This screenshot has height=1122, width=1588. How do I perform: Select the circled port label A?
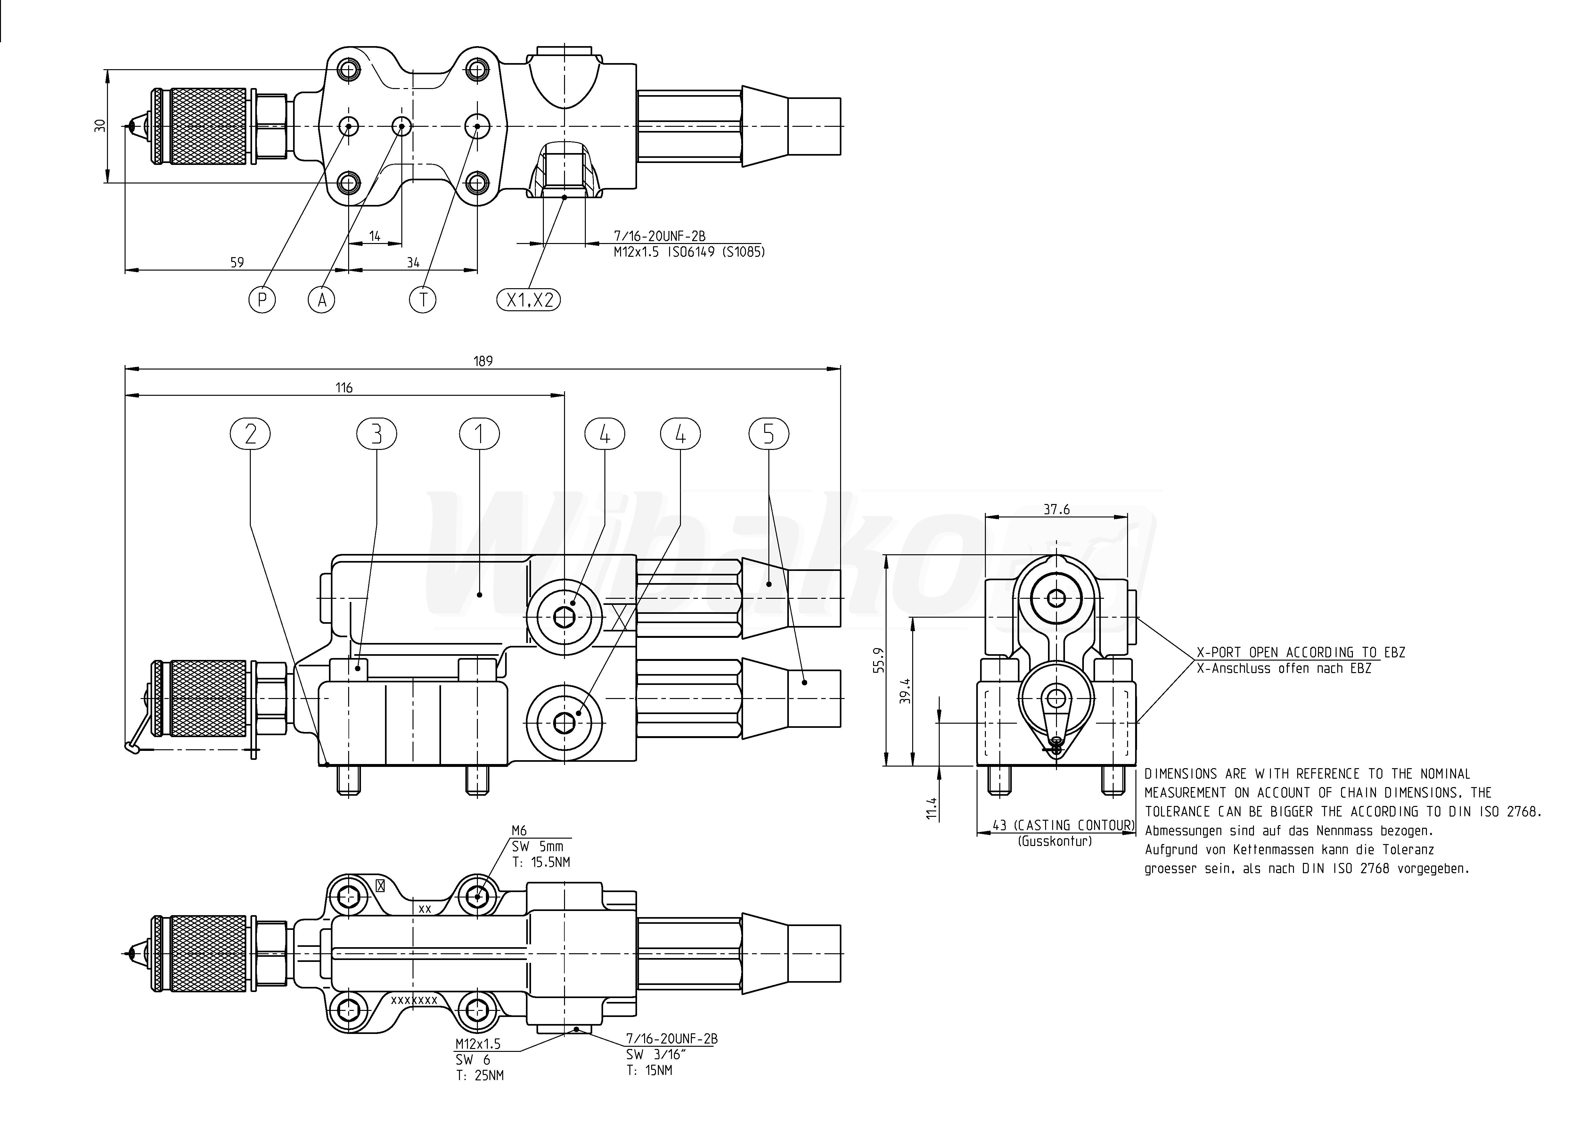(322, 299)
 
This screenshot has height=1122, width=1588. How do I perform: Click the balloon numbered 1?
(479, 434)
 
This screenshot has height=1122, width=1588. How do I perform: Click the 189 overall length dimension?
(483, 361)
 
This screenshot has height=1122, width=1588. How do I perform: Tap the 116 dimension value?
(344, 388)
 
